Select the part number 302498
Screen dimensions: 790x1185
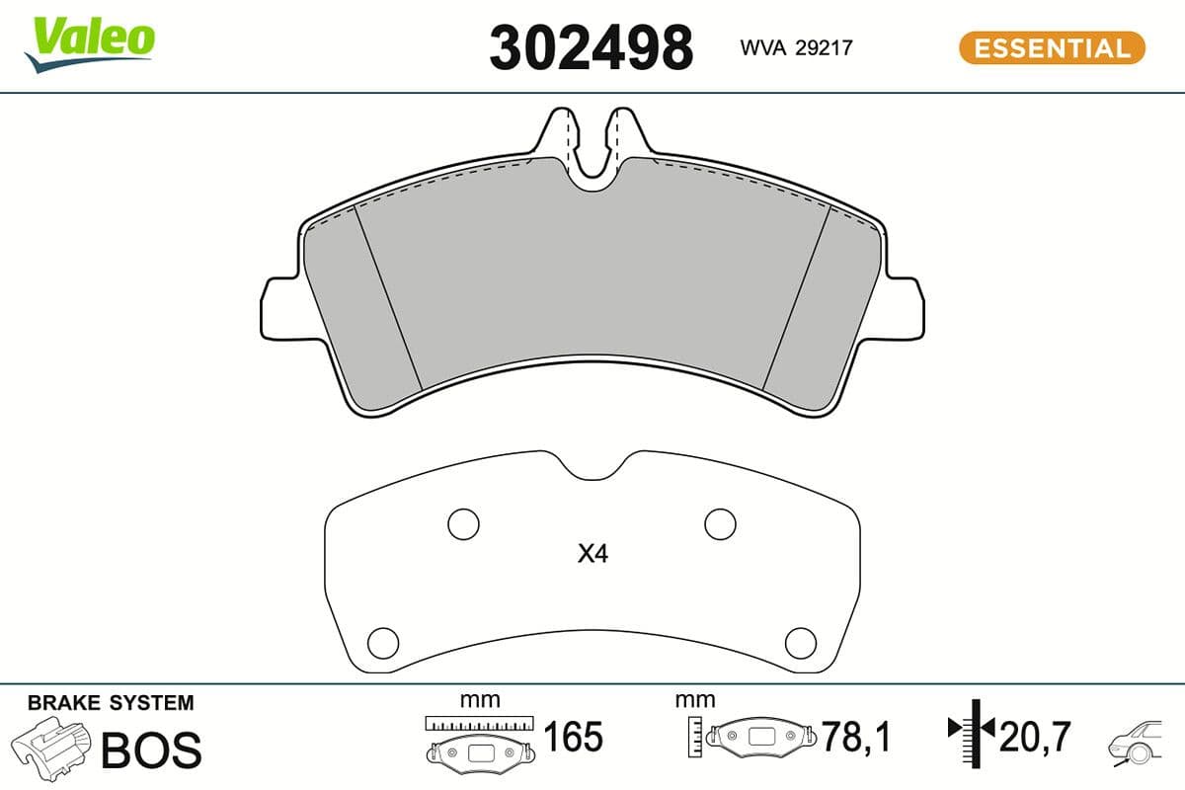click(x=591, y=47)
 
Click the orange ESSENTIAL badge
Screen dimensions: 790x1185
click(x=1052, y=47)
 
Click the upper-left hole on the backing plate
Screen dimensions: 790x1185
click(x=463, y=524)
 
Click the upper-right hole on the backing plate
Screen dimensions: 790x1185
click(x=720, y=524)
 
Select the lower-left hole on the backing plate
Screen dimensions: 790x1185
click(x=383, y=642)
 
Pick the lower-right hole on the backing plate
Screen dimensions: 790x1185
click(x=801, y=642)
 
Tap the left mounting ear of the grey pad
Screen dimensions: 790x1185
click(x=281, y=308)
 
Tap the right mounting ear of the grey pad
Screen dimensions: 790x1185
click(x=905, y=308)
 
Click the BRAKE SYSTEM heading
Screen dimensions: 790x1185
click(x=111, y=703)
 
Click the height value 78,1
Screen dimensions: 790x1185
click(x=856, y=737)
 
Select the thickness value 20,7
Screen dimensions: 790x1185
click(x=1034, y=737)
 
